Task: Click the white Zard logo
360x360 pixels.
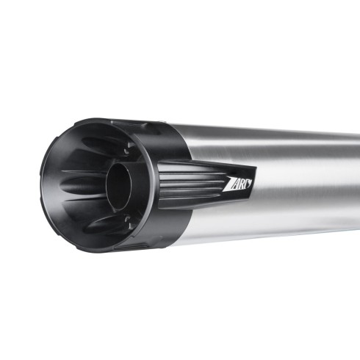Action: point(238,184)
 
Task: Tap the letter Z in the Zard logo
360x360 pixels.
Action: point(228,185)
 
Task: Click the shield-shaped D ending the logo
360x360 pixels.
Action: point(248,183)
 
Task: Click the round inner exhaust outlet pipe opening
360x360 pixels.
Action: point(119,185)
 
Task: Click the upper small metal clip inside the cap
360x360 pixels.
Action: point(127,151)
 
